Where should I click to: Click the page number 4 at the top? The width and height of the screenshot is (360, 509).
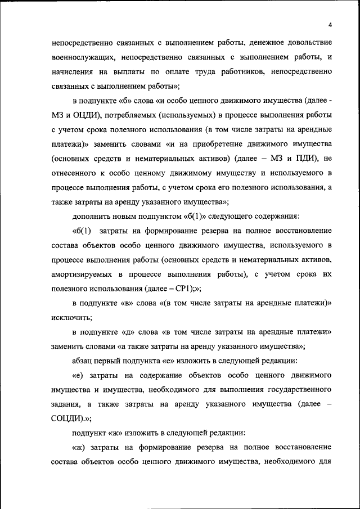click(330, 25)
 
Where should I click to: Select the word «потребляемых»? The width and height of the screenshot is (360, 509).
click(134, 115)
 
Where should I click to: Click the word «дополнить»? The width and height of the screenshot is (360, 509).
click(93, 217)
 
